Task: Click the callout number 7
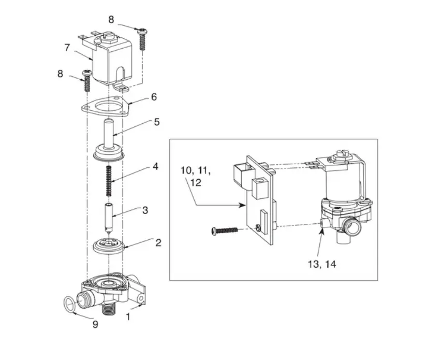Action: [67, 48]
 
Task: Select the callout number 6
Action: [153, 97]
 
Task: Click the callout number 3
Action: [145, 210]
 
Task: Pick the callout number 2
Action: [158, 242]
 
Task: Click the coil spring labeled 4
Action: [109, 181]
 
